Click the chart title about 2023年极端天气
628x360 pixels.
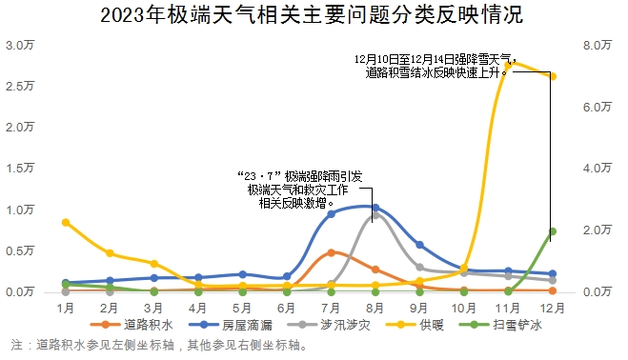(x=313, y=15)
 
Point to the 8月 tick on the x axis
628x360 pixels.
(x=375, y=309)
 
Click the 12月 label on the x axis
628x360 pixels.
(x=553, y=309)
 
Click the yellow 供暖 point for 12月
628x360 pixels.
(x=553, y=76)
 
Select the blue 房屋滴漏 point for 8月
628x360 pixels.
(x=375, y=208)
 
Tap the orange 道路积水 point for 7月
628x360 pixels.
(x=331, y=252)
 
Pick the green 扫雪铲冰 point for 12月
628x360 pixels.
(x=553, y=231)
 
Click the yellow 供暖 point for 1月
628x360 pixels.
(x=65, y=222)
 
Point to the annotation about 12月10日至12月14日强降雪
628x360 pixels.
(x=434, y=65)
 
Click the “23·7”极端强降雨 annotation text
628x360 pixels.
(x=300, y=190)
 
